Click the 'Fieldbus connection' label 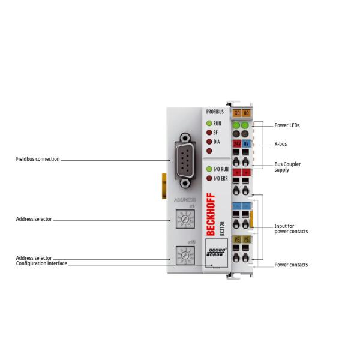click(37, 160)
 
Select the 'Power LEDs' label click(287, 126)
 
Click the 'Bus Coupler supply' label click(289, 167)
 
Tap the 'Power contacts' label click(292, 265)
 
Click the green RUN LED click(209, 122)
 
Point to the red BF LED click(209, 133)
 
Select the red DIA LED click(209, 142)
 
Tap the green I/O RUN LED click(209, 170)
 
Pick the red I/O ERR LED click(209, 178)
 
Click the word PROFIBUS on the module click(214, 112)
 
